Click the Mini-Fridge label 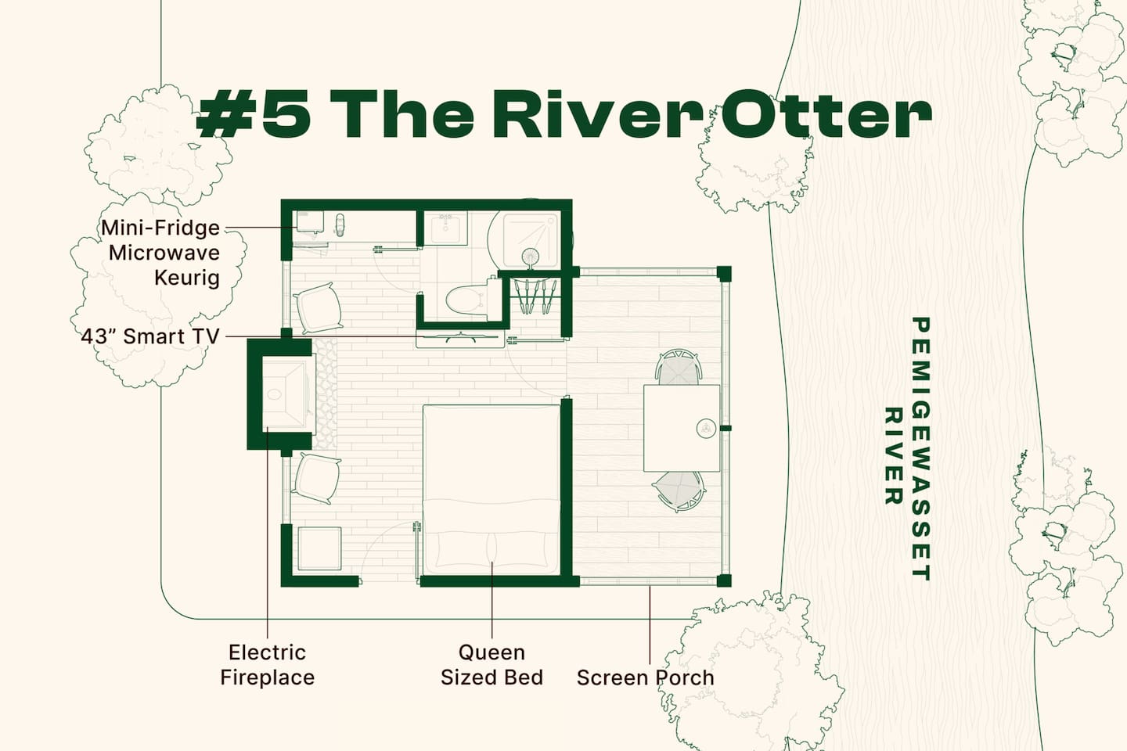pyautogui.click(x=160, y=228)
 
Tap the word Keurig pyautogui.click(x=186, y=278)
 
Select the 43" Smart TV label pyautogui.click(x=150, y=336)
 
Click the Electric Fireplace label pyautogui.click(x=267, y=665)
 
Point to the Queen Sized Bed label pyautogui.click(x=491, y=665)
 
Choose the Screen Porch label pyautogui.click(x=646, y=677)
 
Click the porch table pyautogui.click(x=682, y=428)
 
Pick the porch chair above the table pyautogui.click(x=679, y=367)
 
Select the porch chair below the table pyautogui.click(x=679, y=491)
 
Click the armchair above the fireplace pyautogui.click(x=318, y=308)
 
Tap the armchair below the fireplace pyautogui.click(x=316, y=478)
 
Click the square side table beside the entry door pyautogui.click(x=319, y=548)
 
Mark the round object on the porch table pyautogui.click(x=706, y=429)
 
